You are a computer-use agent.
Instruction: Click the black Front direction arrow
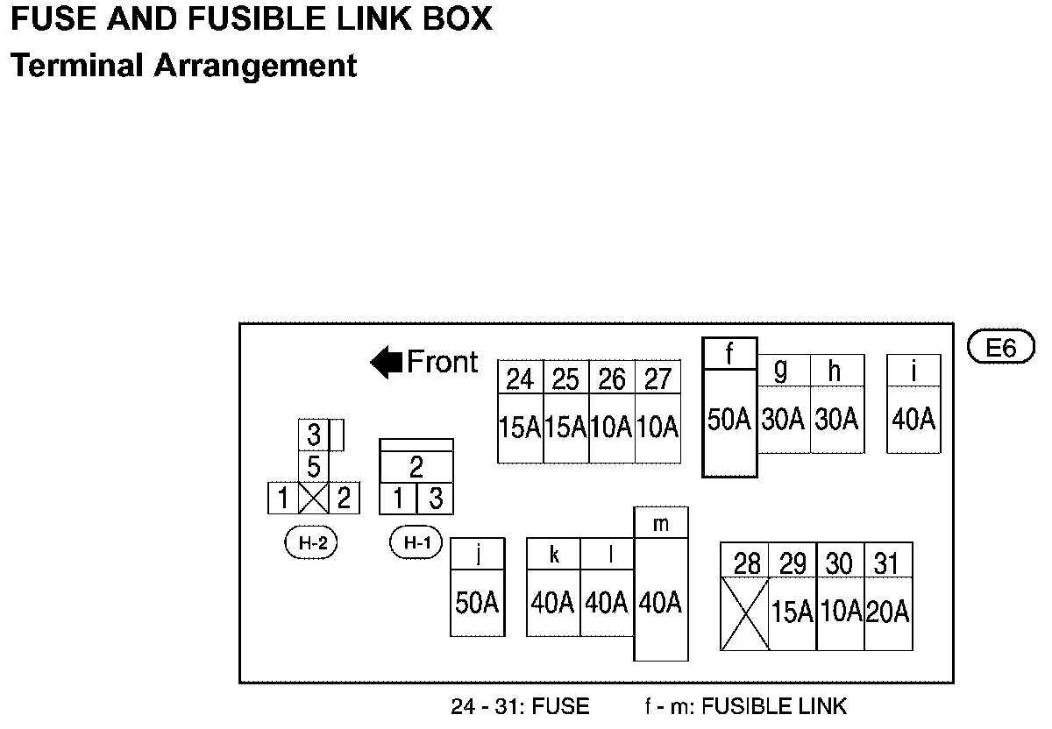386,362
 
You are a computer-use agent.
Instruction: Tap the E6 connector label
1000,348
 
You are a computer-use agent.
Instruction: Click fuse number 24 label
520,379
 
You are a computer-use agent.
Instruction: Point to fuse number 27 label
657,379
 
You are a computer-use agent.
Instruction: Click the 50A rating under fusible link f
729,420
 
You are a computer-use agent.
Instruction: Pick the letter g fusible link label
780,371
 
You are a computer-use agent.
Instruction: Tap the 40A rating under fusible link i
913,420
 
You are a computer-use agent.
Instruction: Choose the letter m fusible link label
661,524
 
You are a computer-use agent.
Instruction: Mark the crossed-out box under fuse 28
744,613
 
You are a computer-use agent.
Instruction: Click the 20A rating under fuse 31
888,612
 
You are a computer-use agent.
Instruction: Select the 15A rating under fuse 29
793,612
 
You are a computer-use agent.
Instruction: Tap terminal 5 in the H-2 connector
313,467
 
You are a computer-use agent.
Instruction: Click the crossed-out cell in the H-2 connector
313,499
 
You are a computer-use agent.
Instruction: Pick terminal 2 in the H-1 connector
416,466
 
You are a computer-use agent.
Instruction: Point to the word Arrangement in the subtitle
255,66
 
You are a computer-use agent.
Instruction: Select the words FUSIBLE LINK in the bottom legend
775,706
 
